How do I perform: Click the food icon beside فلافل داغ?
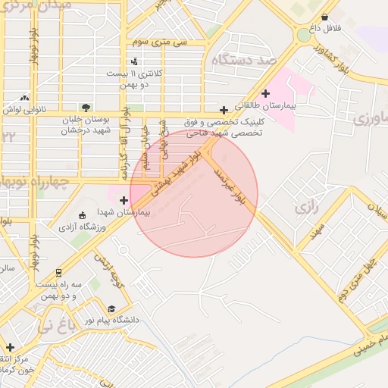click(325, 17)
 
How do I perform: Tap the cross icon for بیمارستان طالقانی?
click(265, 92)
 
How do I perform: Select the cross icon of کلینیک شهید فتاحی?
click(224, 110)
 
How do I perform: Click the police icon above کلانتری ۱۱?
click(135, 61)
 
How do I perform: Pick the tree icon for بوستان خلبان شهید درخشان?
click(86, 108)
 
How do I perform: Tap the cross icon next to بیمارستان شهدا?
click(124, 200)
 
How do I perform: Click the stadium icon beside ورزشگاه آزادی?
click(83, 216)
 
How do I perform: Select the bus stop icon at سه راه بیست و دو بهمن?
click(59, 272)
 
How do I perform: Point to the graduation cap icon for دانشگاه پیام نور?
click(112, 308)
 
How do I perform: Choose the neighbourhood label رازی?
click(308, 205)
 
